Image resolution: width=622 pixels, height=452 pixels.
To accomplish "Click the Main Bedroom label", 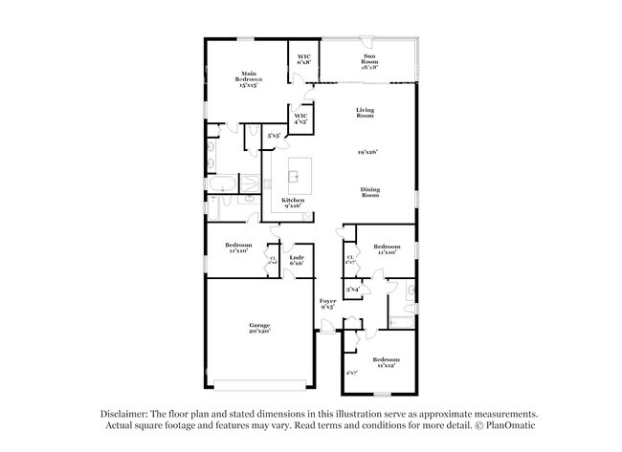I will (250, 79).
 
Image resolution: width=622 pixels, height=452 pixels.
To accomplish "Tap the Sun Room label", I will (368, 62).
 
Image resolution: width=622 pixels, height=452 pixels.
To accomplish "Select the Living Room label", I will (365, 112).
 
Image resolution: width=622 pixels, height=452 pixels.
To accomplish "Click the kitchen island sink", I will (296, 176).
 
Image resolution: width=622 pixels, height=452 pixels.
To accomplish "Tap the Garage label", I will (259, 327).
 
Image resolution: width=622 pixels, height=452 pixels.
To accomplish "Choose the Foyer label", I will (327, 304).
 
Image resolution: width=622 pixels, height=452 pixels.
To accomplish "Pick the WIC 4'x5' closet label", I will (300, 120).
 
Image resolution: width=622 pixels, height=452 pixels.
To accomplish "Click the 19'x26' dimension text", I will (369, 152).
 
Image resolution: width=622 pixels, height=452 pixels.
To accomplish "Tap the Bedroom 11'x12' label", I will (386, 362).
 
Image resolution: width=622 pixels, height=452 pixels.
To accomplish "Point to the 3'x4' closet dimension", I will (352, 289).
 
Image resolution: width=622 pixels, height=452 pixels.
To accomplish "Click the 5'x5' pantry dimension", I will (275, 136).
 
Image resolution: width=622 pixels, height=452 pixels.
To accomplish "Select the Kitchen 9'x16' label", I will (293, 203).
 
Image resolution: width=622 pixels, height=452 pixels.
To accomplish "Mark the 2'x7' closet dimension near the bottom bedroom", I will (351, 374).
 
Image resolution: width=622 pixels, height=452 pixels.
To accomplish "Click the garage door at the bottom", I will (259, 387).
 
